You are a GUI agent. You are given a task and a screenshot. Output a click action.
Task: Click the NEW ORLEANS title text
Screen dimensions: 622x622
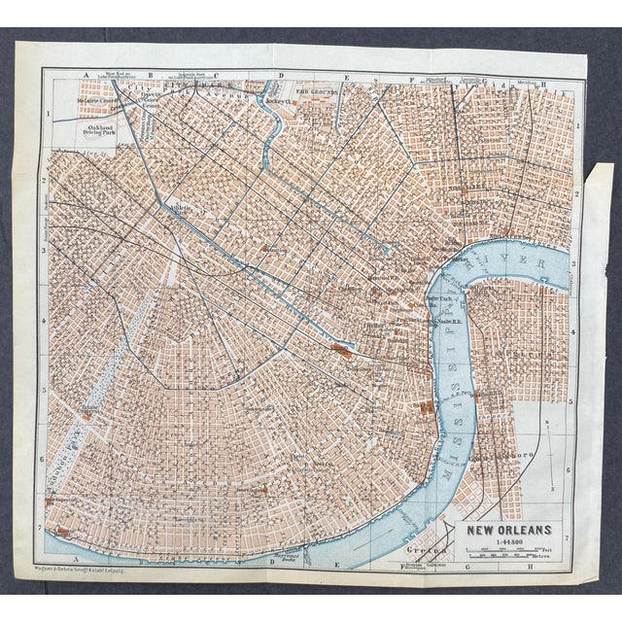coord(510,530)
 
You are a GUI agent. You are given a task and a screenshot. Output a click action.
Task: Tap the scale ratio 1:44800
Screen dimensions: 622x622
coord(510,542)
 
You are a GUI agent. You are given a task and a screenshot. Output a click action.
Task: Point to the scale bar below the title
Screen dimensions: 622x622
coord(510,556)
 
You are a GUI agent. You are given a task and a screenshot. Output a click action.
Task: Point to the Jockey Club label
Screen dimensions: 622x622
coord(278,100)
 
